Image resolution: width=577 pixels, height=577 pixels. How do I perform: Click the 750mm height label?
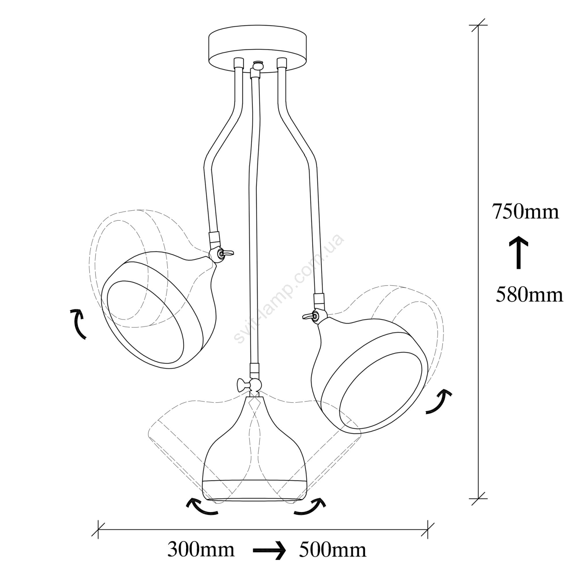(x=526, y=212)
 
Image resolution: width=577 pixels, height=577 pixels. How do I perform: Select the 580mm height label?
(x=529, y=294)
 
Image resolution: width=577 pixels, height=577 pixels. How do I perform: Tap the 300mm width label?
(x=201, y=550)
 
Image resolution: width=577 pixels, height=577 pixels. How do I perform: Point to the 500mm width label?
(x=332, y=550)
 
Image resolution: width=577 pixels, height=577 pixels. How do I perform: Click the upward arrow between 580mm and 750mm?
(x=519, y=252)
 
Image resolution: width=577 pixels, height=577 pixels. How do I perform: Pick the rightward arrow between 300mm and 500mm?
(x=269, y=551)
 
